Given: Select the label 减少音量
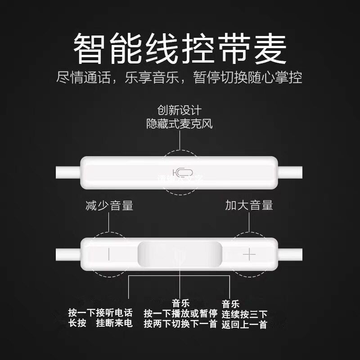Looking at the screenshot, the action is pyautogui.click(x=109, y=206).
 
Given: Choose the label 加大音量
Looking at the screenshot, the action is pyautogui.click(x=249, y=206).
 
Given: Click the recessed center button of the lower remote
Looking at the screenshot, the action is pyautogui.click(x=180, y=255).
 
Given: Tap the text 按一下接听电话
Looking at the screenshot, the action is pyautogui.click(x=100, y=313).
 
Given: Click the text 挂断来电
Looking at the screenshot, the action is pyautogui.click(x=114, y=324).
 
